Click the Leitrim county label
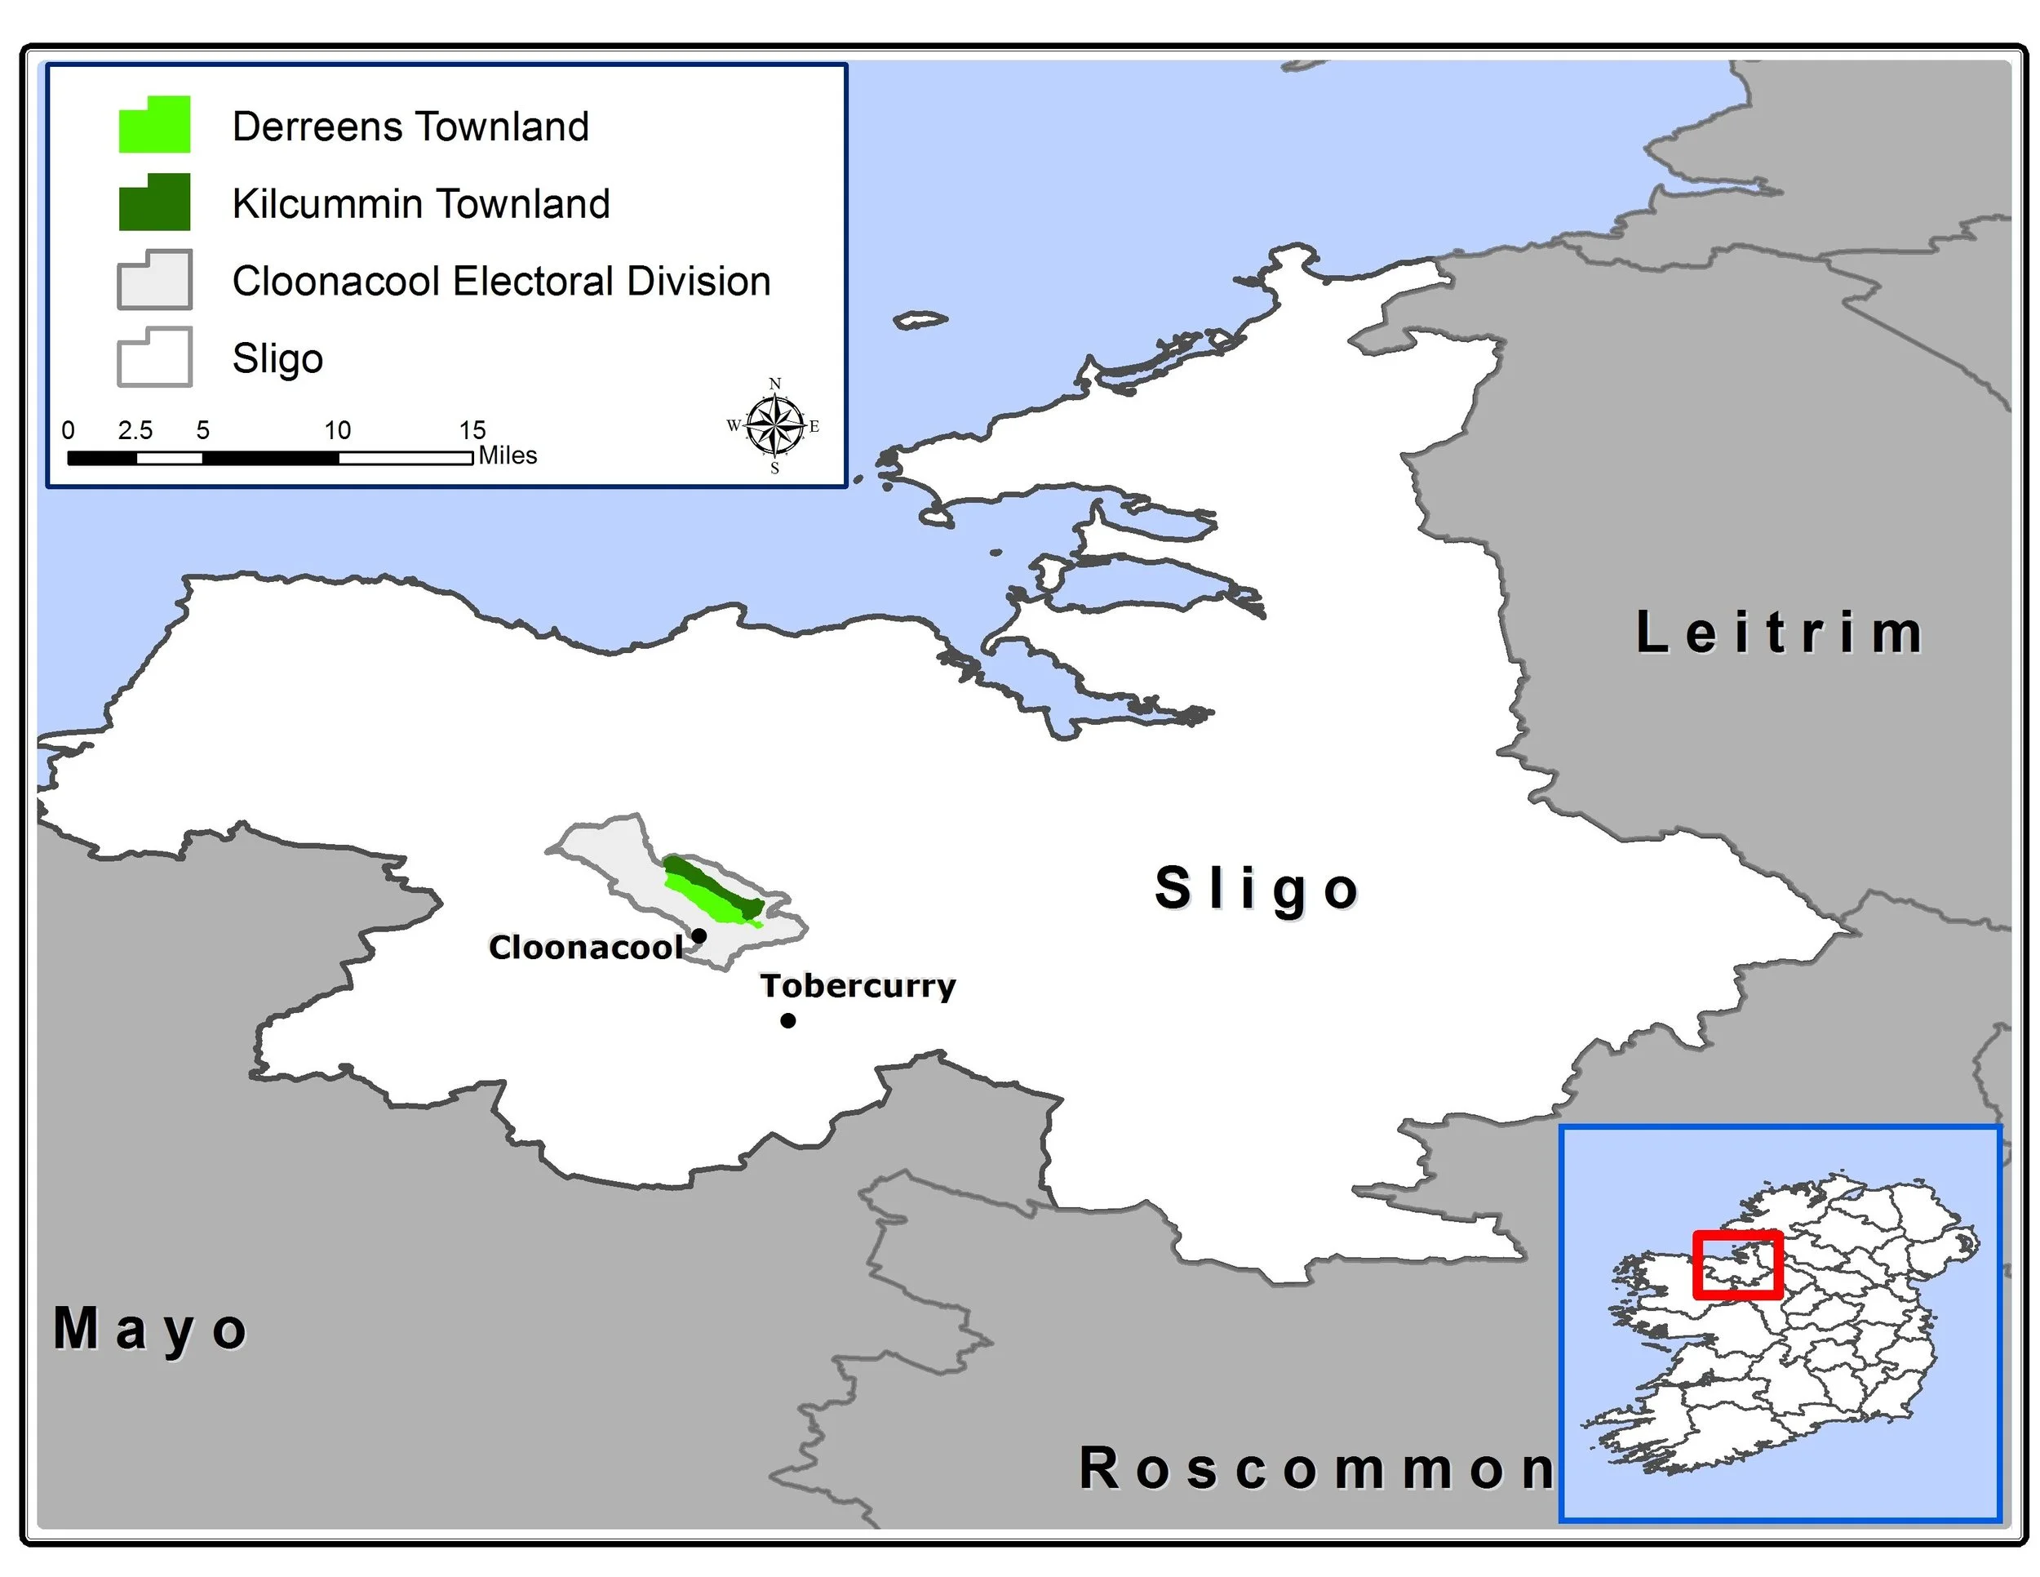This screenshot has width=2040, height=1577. [x=1780, y=633]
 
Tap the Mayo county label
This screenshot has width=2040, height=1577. [x=150, y=1329]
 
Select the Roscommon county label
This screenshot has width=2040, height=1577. [x=1316, y=1468]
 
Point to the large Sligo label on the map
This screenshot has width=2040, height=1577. [x=1257, y=887]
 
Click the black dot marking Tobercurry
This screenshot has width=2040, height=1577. [x=788, y=1020]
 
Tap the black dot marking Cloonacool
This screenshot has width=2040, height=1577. [x=698, y=935]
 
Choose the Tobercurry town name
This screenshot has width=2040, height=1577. [x=858, y=986]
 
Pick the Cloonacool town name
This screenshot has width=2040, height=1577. [x=586, y=948]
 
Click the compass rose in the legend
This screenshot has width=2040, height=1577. [x=774, y=426]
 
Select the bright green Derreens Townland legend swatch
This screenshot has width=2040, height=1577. [x=155, y=125]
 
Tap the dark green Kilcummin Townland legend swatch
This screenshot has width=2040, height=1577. [x=155, y=202]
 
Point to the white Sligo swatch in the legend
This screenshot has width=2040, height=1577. [x=155, y=358]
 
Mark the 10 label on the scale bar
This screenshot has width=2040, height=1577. [x=337, y=431]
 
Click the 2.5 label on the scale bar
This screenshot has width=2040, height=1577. [x=135, y=431]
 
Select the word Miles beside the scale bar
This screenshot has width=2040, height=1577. [x=508, y=456]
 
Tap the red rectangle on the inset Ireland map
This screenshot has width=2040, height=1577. [x=1737, y=1266]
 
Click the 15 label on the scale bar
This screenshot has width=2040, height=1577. [x=472, y=431]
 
